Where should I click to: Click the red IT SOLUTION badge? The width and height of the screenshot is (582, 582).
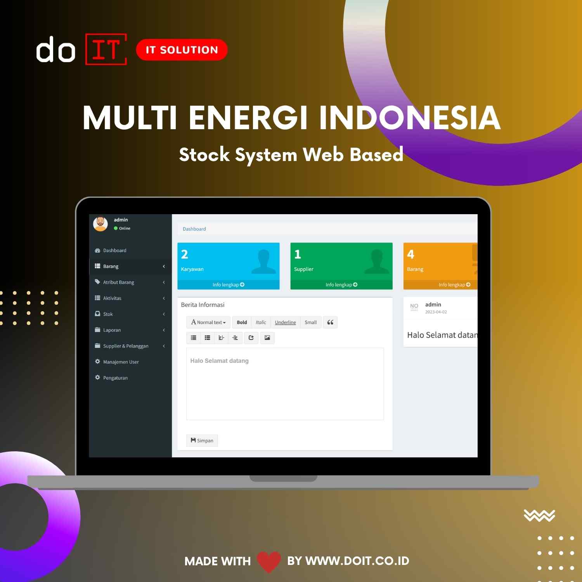click(x=182, y=50)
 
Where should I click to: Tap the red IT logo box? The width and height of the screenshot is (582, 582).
click(x=106, y=49)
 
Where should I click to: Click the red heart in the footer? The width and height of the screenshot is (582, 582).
click(x=269, y=561)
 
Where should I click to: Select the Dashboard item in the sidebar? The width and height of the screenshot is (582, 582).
click(x=114, y=251)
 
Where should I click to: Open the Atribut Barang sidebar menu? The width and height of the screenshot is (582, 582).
click(x=118, y=282)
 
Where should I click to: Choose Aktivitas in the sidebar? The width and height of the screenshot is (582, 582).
click(x=112, y=298)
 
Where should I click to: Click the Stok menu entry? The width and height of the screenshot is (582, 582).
click(x=108, y=314)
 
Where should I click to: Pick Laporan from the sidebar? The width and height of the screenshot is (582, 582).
click(x=112, y=330)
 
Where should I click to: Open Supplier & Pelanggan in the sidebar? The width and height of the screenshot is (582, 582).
click(x=125, y=346)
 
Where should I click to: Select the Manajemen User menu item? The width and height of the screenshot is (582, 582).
click(x=121, y=362)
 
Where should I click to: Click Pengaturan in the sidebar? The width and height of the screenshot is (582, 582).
click(x=115, y=378)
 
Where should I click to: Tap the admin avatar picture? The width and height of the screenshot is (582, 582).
click(x=100, y=224)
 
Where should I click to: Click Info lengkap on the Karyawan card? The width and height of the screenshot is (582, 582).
click(x=228, y=285)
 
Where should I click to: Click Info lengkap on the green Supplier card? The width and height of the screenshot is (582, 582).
click(x=341, y=285)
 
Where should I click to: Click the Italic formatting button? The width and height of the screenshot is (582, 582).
click(x=261, y=322)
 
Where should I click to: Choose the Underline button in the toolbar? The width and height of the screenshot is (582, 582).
click(x=285, y=322)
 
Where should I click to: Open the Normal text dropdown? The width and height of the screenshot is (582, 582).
click(x=208, y=322)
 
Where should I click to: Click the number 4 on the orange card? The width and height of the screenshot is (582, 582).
click(x=411, y=255)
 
